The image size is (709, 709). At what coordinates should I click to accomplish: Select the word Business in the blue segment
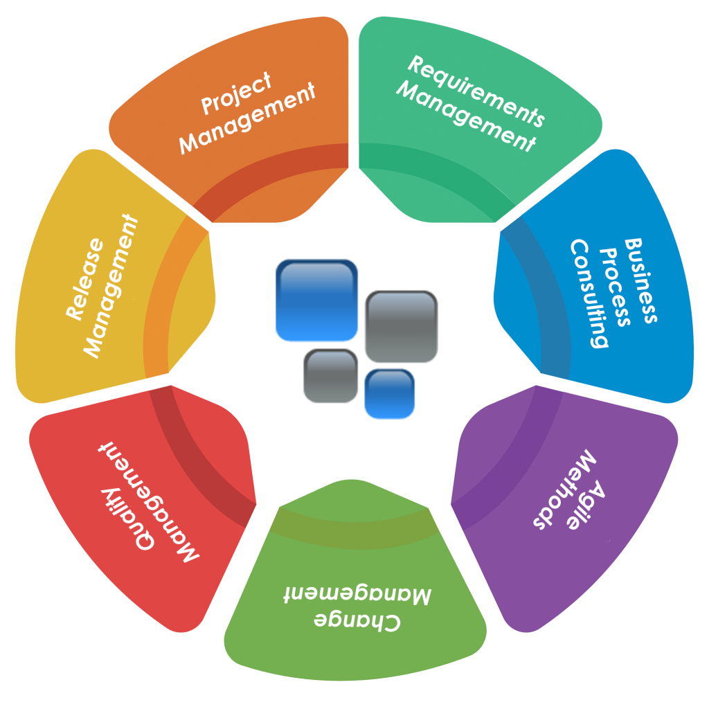point(640,280)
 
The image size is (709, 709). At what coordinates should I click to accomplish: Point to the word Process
point(614,287)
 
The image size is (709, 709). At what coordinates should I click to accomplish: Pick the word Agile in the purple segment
point(586,505)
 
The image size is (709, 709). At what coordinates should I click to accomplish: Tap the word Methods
point(565,488)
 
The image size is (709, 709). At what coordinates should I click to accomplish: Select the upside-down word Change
point(357,622)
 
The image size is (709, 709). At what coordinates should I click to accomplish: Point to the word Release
point(84,279)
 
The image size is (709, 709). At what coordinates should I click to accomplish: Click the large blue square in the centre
point(316,300)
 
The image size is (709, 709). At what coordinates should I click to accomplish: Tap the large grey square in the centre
point(401,327)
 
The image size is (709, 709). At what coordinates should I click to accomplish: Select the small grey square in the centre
point(330,376)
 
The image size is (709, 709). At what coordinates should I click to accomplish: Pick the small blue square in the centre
point(389,394)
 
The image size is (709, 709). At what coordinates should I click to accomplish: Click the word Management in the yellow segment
point(110,286)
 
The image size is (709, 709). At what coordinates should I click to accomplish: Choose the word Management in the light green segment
point(358,595)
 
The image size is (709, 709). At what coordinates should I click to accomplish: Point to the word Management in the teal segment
point(466,116)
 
